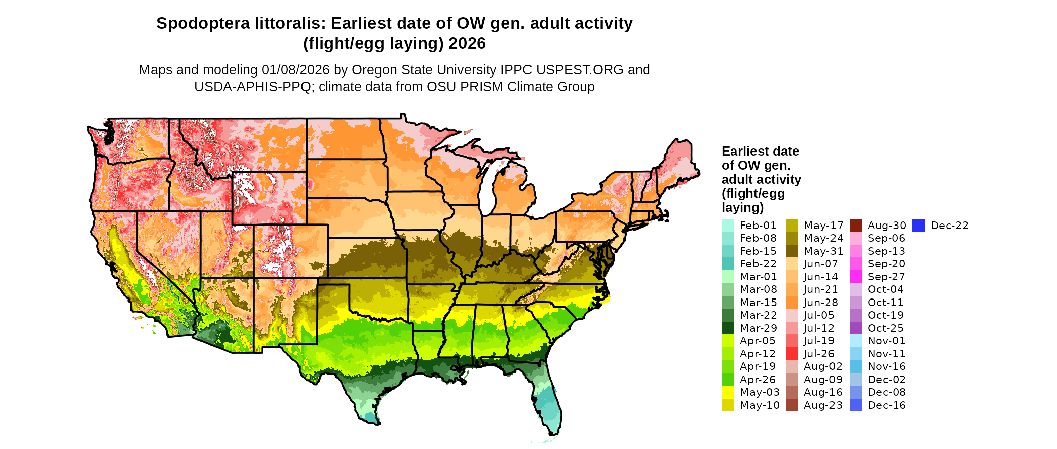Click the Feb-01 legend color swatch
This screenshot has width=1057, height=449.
point(728,226)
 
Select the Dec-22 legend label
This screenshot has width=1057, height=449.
point(949,226)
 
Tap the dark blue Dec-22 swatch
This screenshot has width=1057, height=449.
point(919,226)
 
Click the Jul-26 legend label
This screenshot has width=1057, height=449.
point(819,354)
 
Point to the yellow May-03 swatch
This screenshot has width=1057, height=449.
point(728,392)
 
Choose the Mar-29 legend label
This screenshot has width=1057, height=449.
point(758,328)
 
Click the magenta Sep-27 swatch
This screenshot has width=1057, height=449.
point(856,277)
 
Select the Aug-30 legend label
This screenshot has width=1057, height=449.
point(886,226)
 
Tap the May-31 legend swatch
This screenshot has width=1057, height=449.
point(792,251)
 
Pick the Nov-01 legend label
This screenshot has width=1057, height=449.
point(886,341)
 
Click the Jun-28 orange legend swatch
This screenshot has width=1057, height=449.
point(792,303)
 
